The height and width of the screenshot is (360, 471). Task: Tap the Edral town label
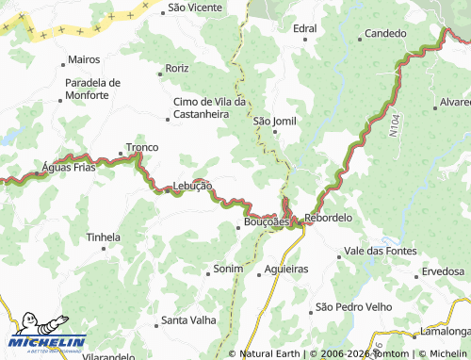[304, 29]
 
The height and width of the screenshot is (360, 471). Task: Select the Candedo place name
[385, 34]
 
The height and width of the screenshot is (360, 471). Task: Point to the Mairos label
[84, 59]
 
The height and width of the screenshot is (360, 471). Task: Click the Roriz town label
[177, 69]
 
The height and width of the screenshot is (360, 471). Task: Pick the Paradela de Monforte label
[92, 89]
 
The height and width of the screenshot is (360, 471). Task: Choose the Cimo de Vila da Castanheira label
[209, 107]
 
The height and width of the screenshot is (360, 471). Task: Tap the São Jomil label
[274, 121]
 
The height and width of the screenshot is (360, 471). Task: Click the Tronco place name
[142, 148]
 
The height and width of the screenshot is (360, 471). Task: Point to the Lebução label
[192, 187]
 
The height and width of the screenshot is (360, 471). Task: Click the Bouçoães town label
[267, 221]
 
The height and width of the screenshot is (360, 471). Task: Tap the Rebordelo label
[328, 218]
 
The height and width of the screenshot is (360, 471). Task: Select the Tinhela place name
[103, 237]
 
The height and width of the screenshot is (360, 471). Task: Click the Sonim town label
[228, 269]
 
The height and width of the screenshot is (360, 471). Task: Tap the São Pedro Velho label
[352, 307]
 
